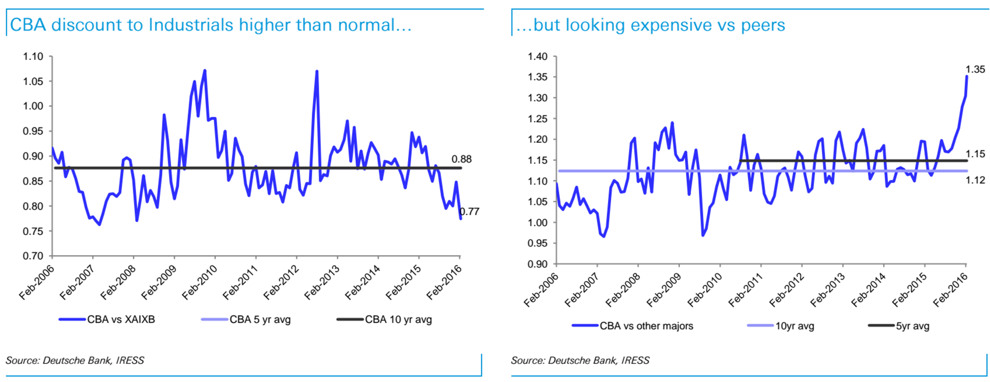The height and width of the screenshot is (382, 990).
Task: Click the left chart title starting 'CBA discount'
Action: pyautogui.click(x=210, y=25)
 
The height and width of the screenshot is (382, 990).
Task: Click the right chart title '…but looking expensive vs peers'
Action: pyautogui.click(x=650, y=25)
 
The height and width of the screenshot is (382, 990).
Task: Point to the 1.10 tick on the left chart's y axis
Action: pyautogui.click(x=33, y=56)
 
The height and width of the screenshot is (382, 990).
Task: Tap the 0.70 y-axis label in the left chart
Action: pyautogui.click(x=33, y=256)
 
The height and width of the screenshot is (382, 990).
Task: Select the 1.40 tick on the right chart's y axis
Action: pyautogui.click(x=538, y=56)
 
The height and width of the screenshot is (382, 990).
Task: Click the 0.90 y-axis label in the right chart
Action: pyautogui.click(x=538, y=264)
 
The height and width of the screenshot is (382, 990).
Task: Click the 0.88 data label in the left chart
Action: pyautogui.click(x=461, y=159)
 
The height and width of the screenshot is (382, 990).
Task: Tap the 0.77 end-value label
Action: pyautogui.click(x=470, y=211)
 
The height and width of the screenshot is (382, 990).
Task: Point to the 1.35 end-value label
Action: pyautogui.click(x=975, y=69)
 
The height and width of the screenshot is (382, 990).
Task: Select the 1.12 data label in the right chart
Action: pyautogui.click(x=975, y=180)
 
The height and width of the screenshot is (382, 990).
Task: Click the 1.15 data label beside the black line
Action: pyautogui.click(x=975, y=154)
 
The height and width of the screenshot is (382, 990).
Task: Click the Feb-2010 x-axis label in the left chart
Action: pyautogui.click(x=199, y=282)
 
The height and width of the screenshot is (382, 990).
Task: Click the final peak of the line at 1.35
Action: pyautogui.click(x=966, y=76)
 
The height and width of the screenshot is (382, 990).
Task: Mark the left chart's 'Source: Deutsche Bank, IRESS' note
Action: pyautogui.click(x=75, y=360)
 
